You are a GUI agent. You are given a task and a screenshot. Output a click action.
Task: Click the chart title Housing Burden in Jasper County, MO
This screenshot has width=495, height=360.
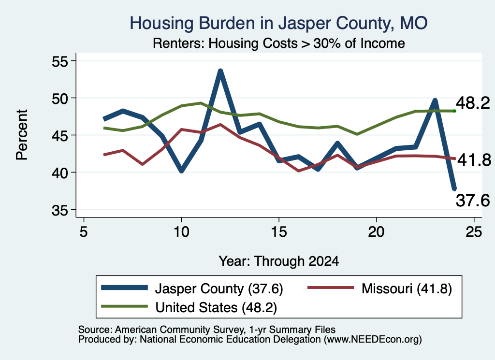coord(278,23)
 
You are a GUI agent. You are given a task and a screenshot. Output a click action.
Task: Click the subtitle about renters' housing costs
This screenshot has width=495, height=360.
coord(279,43)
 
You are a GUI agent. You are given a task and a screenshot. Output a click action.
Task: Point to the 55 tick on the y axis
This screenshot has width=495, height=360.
coord(59,61)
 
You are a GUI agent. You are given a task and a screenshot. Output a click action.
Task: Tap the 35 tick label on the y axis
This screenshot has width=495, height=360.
coord(59,210)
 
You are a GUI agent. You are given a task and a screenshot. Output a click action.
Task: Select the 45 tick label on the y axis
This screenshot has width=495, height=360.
coord(59,135)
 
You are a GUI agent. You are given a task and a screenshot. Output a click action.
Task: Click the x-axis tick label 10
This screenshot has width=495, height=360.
coord(181,232)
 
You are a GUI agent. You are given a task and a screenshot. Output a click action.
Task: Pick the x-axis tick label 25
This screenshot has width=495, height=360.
coord(474,232)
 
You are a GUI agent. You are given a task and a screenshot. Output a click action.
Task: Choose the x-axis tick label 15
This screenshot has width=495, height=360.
coord(279,232)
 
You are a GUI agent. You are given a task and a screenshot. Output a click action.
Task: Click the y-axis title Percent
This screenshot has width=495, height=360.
coord(22,135)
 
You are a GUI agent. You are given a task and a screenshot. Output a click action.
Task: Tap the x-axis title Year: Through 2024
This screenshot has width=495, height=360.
coord(279,261)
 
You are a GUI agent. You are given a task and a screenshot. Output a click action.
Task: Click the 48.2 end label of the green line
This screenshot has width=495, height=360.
coord(473,103)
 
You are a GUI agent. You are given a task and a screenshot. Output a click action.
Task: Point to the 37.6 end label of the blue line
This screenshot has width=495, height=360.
coord(473,201)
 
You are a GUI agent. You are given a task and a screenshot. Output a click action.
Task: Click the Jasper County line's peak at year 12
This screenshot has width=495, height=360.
coord(220,71)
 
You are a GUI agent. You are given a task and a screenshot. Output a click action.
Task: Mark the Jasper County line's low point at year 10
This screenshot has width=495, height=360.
coord(181,171)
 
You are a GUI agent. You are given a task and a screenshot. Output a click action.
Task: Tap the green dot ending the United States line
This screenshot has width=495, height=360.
coord(454,111)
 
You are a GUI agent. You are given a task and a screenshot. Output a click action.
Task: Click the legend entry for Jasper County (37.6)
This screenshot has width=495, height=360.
coord(192,288)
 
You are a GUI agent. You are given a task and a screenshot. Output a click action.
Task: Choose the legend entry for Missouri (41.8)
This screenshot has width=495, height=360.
coord(380,288)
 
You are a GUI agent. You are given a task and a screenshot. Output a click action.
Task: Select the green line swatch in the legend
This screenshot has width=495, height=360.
coord(124,306)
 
